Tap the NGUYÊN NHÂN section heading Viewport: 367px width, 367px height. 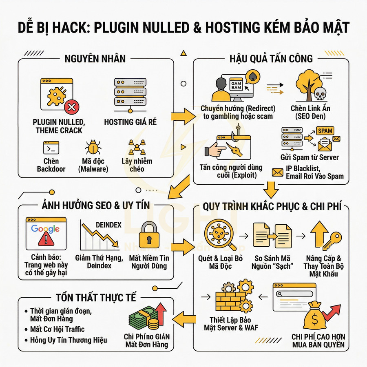point(95,58)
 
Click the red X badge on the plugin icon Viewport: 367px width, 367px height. point(72,107)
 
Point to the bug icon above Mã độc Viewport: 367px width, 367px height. point(93,147)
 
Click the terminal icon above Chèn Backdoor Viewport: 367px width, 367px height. point(51,147)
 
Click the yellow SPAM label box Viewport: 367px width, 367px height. point(325,131)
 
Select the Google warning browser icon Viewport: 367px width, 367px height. point(45,234)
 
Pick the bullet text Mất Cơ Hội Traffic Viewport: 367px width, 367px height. point(57,329)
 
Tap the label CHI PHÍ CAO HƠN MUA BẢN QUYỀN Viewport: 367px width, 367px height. point(318,341)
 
